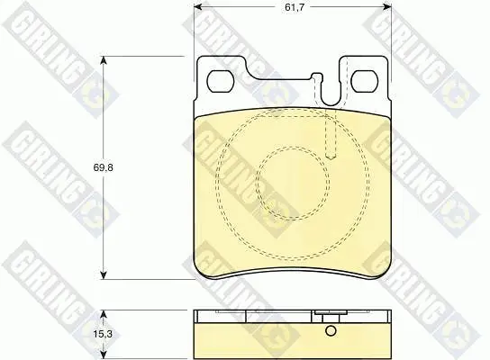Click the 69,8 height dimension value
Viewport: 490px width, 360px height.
tap(103, 167)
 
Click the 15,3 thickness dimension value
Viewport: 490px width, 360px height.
tap(103, 334)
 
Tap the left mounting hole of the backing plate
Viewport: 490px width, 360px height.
tap(221, 81)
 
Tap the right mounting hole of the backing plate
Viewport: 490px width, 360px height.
tap(365, 81)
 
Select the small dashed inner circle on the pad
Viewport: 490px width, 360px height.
tap(293, 148)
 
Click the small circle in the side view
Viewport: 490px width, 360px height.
tap(331, 330)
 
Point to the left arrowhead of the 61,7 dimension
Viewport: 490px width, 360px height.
tap(197, 6)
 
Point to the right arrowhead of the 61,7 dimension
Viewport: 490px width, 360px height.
tap(387, 6)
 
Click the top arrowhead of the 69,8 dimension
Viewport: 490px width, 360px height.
tap(104, 59)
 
